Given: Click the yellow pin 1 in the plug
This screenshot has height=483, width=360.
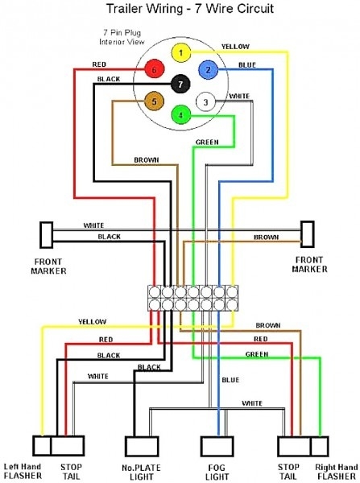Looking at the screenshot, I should click(x=183, y=54).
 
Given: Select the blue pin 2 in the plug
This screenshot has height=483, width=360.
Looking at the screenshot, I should click(x=207, y=71).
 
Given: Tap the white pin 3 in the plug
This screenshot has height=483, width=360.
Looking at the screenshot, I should click(x=206, y=102).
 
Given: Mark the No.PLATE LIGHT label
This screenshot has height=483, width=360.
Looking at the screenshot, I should click(x=139, y=470).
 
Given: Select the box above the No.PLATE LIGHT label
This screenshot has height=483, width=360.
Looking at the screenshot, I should click(x=139, y=447).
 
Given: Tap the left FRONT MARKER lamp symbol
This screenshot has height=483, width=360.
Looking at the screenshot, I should click(x=45, y=236).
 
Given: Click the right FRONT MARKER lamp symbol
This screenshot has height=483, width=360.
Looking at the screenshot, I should click(x=307, y=236).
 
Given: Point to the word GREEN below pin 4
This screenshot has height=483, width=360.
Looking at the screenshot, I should click(x=206, y=142).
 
